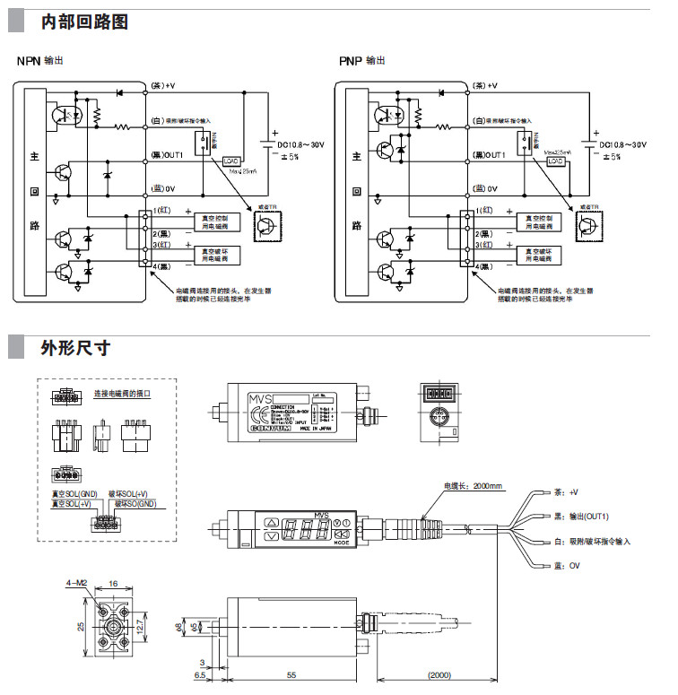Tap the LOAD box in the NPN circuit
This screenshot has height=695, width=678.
(x=229, y=160)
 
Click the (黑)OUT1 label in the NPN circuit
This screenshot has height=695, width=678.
(x=168, y=154)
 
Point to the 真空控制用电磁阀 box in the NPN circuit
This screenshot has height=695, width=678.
(x=218, y=220)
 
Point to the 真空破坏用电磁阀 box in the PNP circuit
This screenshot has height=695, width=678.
(x=538, y=253)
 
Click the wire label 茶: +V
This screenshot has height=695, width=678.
(x=566, y=491)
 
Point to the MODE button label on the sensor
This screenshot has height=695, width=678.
(x=342, y=543)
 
